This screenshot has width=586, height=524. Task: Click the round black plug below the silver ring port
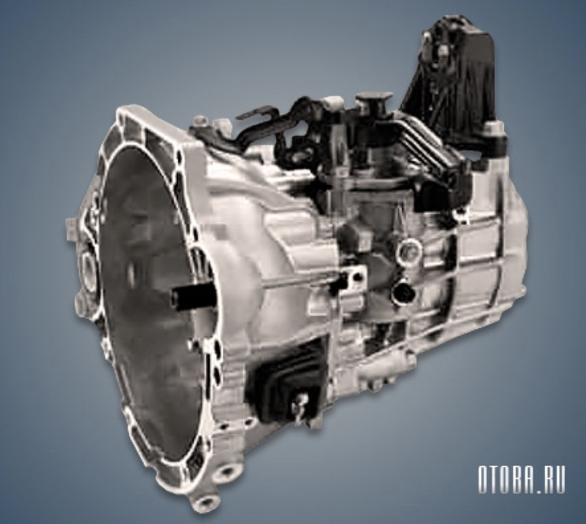coord(403,289)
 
